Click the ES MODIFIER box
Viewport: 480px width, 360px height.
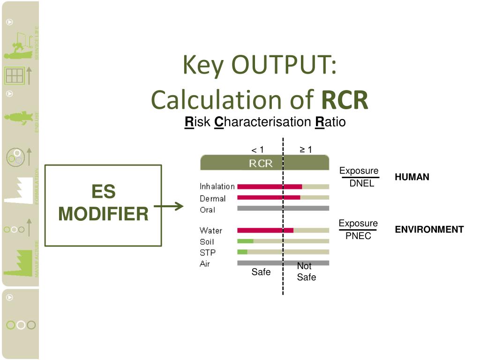coord(103,205)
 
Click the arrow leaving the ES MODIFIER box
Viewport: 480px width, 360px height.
coord(169,206)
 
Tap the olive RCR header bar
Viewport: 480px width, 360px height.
coord(264,163)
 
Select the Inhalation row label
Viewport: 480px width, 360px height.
coord(217,187)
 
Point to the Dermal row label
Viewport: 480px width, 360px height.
coord(213,198)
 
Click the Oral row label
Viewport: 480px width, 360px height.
coord(208,210)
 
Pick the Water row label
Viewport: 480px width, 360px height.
coord(211,230)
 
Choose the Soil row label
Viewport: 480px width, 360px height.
coord(207,241)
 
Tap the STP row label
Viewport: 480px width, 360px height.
coord(207,253)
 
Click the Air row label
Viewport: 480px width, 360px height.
coord(205,264)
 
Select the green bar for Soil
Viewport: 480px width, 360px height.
coord(245,241)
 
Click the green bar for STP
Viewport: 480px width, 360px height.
coord(242,252)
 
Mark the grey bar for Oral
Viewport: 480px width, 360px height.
coord(283,208)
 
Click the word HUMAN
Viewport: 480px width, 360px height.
coord(412,177)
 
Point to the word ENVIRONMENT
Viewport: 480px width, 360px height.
coord(429,230)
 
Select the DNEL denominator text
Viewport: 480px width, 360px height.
coord(361,184)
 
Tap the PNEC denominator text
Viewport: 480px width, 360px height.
coord(358,236)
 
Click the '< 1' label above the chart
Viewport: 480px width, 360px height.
coord(257,150)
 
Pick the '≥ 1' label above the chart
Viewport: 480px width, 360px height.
coord(306,150)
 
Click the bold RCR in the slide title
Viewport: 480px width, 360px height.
coord(345,100)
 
